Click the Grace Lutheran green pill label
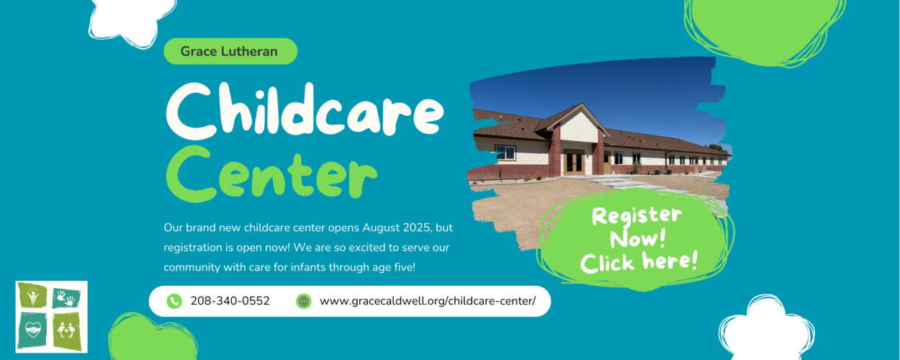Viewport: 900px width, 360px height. [230, 51]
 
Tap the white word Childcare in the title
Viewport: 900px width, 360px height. [305, 111]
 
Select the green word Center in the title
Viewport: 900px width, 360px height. [271, 174]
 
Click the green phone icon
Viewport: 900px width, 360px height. [174, 301]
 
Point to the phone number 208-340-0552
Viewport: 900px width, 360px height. [230, 301]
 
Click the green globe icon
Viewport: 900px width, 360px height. [304, 301]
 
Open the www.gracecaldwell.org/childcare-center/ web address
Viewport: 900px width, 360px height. [428, 301]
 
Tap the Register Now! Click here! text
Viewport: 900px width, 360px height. [639, 240]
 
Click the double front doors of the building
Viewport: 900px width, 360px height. [574, 162]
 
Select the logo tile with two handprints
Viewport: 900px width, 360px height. [66, 299]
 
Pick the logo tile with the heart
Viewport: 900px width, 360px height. [32, 330]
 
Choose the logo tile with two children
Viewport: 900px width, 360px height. [67, 331]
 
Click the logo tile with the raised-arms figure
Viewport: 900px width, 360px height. [32, 295]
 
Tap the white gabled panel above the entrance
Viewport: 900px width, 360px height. [579, 126]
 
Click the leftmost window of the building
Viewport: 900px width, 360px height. [505, 153]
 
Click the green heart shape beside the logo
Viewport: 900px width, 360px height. [152, 338]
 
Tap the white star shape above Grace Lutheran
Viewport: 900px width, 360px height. [132, 20]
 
